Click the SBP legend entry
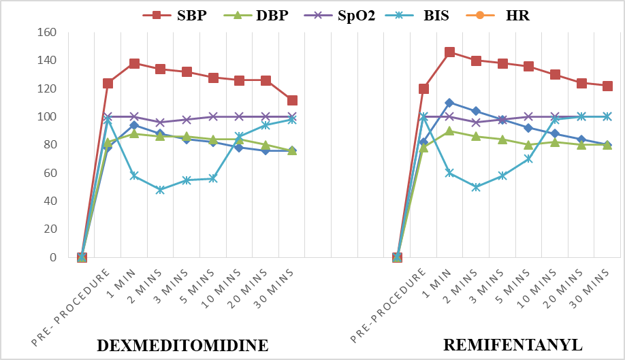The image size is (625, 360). pos(175,16)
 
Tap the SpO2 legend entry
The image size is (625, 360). pos(340,16)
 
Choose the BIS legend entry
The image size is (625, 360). pos(417,16)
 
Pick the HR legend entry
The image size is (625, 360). pos(498,16)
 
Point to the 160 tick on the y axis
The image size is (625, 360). pos(46,32)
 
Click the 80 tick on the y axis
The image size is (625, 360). pos(50,144)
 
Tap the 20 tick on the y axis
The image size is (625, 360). pos(50,229)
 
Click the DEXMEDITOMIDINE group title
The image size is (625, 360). pos(182,345)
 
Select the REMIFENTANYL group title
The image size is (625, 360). pos(513,345)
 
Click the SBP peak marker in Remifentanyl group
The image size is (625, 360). pos(449,52)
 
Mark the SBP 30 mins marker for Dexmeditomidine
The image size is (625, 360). pos(292,100)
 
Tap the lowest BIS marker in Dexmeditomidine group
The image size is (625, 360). pos(160,190)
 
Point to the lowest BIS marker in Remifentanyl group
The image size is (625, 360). pos(476,187)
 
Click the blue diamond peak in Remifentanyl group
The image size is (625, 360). pos(449,103)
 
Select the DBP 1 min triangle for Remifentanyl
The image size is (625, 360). pos(449,131)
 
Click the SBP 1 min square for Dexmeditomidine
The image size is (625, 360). pos(134,63)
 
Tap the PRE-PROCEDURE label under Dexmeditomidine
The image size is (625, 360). pos(71,307)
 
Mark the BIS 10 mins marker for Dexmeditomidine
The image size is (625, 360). pos(239,137)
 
